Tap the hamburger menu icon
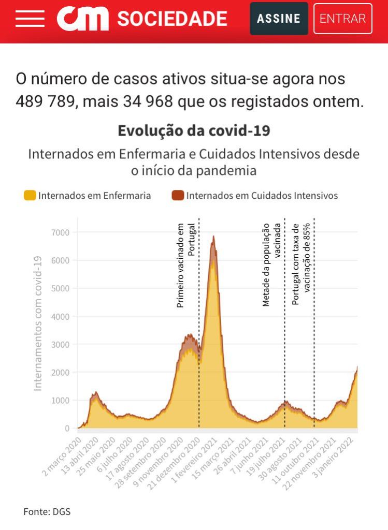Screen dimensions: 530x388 [30, 19]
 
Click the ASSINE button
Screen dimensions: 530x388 [279, 19]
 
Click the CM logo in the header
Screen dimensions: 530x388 [83, 19]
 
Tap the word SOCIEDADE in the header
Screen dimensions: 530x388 [172, 19]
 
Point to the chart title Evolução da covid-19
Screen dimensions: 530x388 [194, 130]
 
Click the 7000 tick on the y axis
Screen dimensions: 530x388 [60, 232]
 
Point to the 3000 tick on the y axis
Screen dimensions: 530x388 [60, 344]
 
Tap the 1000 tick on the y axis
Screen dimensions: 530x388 [60, 400]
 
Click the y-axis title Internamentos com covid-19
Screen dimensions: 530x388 [38, 323]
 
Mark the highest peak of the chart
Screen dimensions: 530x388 [213, 238]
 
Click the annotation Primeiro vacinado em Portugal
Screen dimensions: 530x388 [185, 265]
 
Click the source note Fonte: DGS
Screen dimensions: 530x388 [47, 512]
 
